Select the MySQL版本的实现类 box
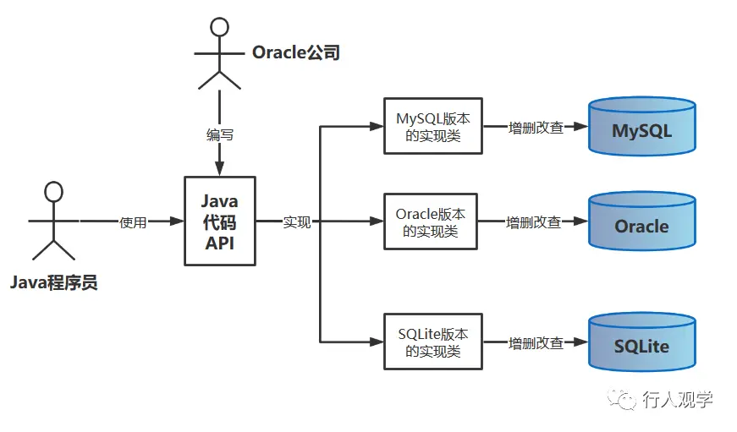pos(433,126)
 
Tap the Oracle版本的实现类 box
pos(433,221)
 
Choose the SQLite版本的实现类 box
pos(433,342)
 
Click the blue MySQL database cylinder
pos(642,127)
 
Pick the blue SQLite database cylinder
pos(642,342)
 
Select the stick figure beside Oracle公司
pos(219,52)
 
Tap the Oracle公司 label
pos(295,52)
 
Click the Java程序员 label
pos(54,282)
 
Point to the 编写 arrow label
pos(220,134)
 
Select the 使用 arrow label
pos(134,222)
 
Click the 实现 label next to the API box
pos(297,222)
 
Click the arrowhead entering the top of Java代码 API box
pos(220,171)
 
